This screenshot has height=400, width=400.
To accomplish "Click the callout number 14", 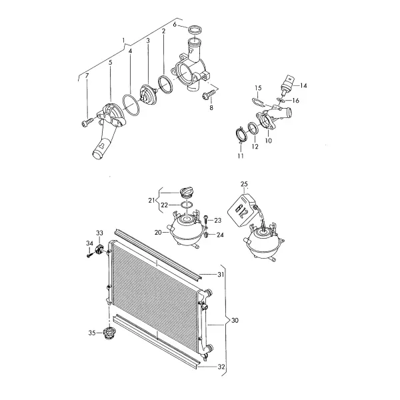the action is click(303, 85).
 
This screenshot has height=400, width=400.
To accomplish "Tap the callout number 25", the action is click(244, 184).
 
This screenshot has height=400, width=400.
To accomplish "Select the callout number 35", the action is click(92, 333).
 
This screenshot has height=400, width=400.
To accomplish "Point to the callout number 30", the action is click(235, 320).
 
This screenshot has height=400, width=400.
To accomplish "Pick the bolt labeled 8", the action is click(208, 95).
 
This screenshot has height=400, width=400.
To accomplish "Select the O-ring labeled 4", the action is click(131, 105).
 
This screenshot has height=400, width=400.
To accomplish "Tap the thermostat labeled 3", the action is click(149, 93).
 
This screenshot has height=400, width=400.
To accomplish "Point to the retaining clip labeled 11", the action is click(241, 136).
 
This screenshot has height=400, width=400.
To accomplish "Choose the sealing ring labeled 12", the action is click(253, 128).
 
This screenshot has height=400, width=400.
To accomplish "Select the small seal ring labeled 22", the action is click(187, 205).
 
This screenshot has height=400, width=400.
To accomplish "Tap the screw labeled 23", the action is click(205, 219).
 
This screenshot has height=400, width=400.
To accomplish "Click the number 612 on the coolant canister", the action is click(241, 211).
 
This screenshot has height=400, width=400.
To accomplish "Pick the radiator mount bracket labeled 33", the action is click(99, 249).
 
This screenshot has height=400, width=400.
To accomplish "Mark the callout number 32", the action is click(221, 367).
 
